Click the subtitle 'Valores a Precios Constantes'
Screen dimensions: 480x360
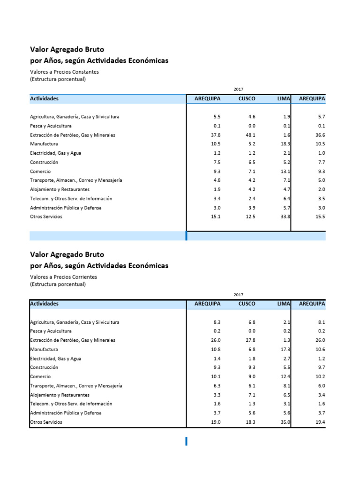point(65,72)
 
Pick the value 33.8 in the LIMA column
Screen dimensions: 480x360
point(285,217)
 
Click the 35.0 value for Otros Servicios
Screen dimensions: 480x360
point(285,422)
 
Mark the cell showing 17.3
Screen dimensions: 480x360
point(285,349)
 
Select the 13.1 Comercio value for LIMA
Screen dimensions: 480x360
point(285,172)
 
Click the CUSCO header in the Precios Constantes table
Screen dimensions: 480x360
point(247,99)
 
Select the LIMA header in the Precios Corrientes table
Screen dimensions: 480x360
point(284,304)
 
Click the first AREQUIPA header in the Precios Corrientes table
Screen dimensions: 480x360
point(208,304)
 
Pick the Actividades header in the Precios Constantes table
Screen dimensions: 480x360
point(45,99)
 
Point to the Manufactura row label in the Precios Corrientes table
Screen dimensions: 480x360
point(44,349)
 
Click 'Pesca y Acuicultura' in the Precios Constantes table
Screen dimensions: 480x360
point(51,126)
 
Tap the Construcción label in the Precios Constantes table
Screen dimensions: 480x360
point(44,162)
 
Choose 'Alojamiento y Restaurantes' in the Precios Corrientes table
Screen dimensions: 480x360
point(60,395)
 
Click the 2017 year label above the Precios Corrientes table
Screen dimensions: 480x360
point(239,294)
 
